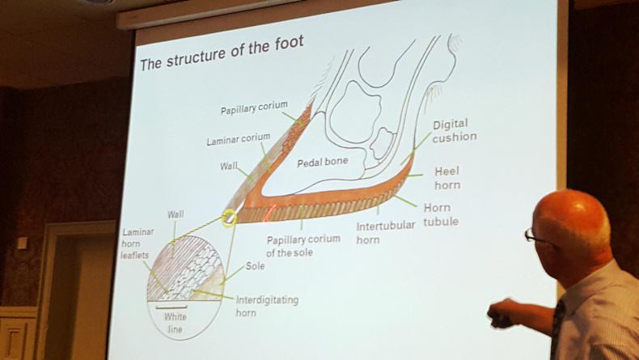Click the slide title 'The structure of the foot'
pos(222,52)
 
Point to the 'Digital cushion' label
pos(454,131)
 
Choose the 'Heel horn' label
pos(447,178)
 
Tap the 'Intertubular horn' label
pos(385,232)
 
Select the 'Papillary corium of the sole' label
pos(301,246)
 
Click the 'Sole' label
pos(255,265)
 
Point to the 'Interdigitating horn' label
pos(267,306)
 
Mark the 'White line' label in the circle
pos(175,323)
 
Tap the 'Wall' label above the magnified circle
pos(176,214)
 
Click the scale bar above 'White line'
pos(175,307)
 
